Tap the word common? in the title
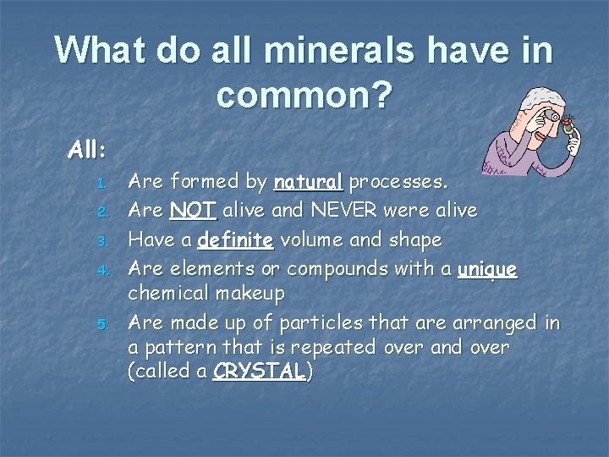(304, 96)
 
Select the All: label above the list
(87, 150)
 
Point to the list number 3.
(100, 242)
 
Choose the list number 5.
(100, 324)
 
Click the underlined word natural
(309, 182)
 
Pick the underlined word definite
(235, 240)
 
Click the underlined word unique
(486, 269)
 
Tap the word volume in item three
(311, 240)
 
